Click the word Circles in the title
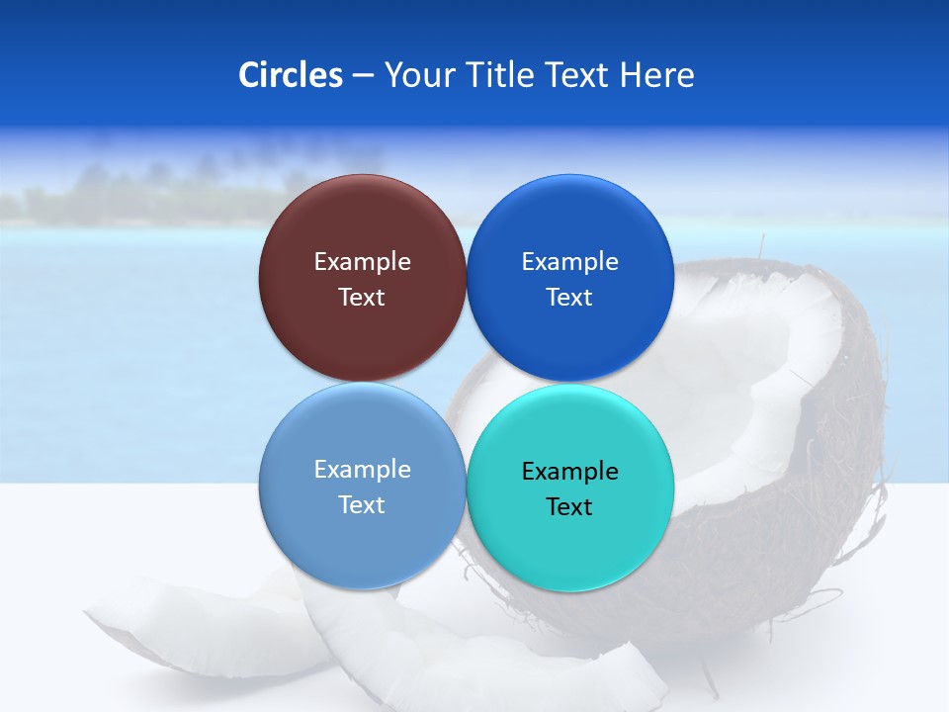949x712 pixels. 290,75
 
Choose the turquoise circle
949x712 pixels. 569,544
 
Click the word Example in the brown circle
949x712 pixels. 362,262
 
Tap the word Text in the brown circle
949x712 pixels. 362,298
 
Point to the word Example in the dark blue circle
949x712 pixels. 569,262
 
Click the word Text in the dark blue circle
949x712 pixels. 569,298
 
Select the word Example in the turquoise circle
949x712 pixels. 569,472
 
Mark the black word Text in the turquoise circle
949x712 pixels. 569,507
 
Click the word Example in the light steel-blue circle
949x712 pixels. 362,470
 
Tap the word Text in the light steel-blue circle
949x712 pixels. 362,505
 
